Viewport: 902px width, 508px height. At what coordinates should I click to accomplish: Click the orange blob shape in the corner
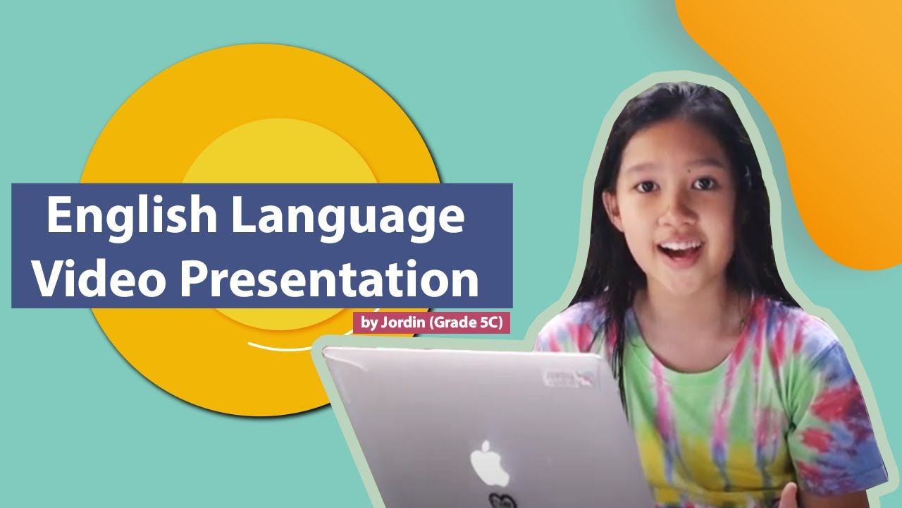point(810,106)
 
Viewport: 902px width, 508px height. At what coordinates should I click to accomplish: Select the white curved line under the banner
point(282,347)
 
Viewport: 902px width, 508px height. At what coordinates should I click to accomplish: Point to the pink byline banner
point(431,323)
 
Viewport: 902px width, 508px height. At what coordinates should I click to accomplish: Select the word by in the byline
point(369,324)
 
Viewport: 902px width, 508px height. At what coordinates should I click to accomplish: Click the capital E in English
point(59,217)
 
